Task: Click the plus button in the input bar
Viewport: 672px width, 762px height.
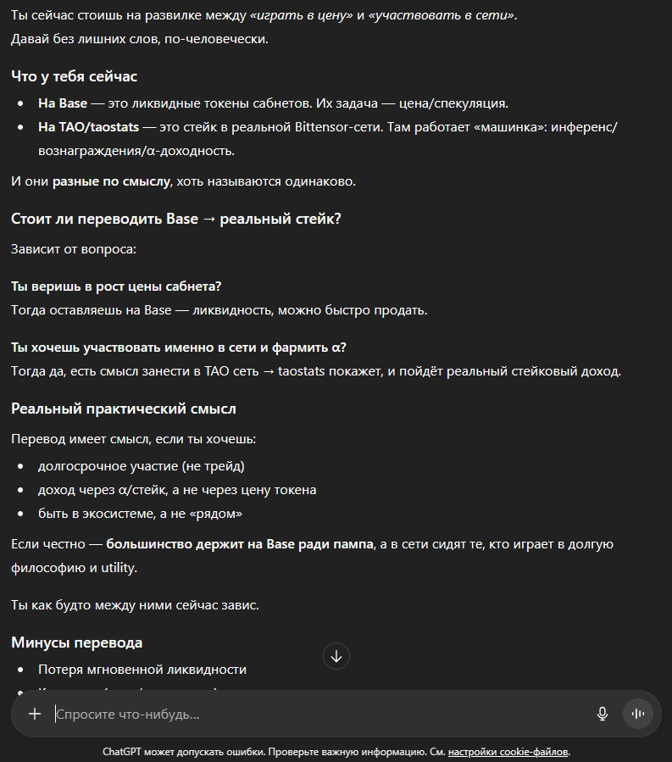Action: pyautogui.click(x=35, y=714)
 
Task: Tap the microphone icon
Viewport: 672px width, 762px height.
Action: pyautogui.click(x=603, y=714)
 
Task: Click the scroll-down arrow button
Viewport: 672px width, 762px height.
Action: pyautogui.click(x=336, y=656)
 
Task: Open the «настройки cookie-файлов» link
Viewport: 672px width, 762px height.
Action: pyautogui.click(x=508, y=752)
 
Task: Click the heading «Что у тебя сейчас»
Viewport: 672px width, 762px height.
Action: pyautogui.click(x=75, y=76)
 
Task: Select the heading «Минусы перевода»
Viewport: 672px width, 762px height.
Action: pyautogui.click(x=76, y=642)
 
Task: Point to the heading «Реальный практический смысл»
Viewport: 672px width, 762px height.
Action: pyautogui.click(x=124, y=409)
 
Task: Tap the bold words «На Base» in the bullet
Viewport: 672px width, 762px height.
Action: pyautogui.click(x=63, y=103)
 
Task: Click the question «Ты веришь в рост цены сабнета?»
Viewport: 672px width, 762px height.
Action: pyautogui.click(x=117, y=286)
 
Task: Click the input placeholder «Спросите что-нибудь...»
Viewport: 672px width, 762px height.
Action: pyautogui.click(x=129, y=715)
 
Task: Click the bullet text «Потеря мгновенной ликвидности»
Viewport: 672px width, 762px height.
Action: pyautogui.click(x=142, y=670)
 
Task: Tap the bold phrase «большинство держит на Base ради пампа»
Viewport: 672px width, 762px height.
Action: pyautogui.click(x=240, y=544)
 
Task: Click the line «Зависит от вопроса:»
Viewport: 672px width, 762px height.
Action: pyautogui.click(x=74, y=249)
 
